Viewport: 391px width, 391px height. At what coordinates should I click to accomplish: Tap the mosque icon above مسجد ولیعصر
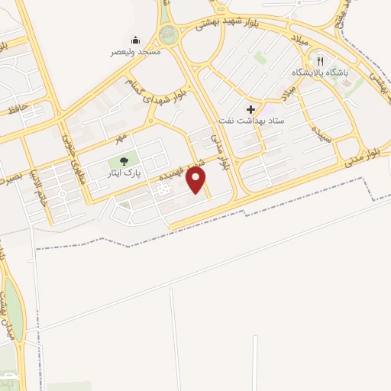[135, 40]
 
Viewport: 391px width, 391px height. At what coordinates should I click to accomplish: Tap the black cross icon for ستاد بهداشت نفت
[250, 109]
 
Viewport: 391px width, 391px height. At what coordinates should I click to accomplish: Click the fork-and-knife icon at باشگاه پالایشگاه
[321, 61]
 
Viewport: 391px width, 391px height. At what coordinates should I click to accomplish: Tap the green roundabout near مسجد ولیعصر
[167, 34]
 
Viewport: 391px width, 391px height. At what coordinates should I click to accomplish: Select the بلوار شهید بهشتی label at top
[234, 21]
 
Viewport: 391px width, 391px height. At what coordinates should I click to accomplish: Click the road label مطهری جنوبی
[69, 155]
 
